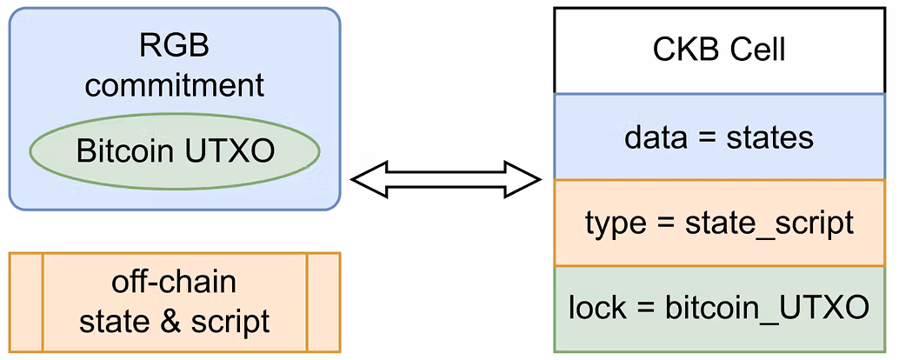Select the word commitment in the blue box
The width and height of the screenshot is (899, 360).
pos(174,85)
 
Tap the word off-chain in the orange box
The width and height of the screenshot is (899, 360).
pos(174,283)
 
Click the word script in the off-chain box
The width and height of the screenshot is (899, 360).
pos(230,322)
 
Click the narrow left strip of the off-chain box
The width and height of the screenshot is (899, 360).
pos(25,302)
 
